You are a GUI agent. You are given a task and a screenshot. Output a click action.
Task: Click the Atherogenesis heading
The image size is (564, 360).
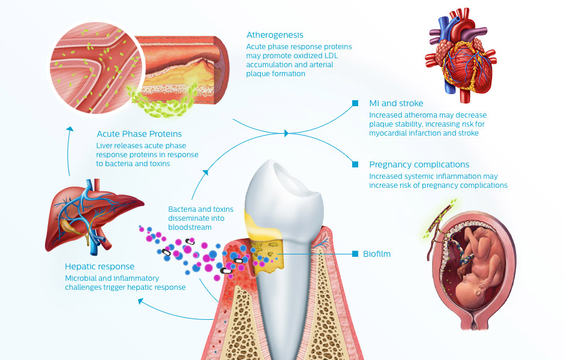[275, 35]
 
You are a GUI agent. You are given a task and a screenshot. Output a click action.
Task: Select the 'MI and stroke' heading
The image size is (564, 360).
[396, 104]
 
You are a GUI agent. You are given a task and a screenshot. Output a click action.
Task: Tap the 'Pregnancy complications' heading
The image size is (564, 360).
[419, 164]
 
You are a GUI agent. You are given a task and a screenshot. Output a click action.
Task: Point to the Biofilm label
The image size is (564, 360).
[377, 254]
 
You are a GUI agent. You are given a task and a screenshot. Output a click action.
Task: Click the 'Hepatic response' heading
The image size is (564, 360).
[100, 266]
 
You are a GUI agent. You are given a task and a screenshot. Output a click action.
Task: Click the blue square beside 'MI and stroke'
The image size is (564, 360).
[356, 103]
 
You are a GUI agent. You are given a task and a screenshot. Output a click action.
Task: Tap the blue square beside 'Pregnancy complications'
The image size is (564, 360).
[356, 164]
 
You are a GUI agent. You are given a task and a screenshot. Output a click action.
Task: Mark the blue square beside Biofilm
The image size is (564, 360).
[356, 254]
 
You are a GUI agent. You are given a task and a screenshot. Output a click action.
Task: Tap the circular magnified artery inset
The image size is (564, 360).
[90, 66]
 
